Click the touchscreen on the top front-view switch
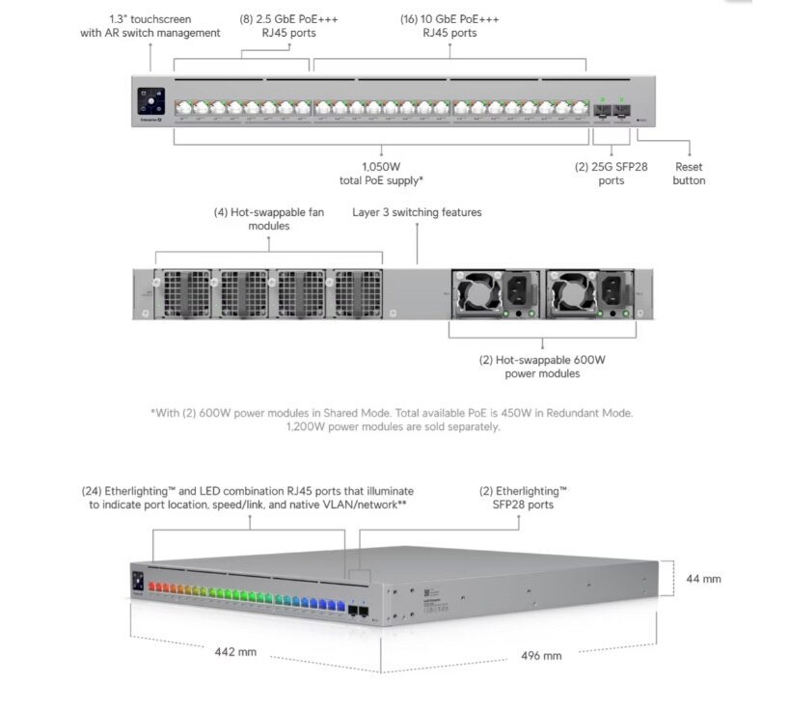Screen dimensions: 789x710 (151, 101)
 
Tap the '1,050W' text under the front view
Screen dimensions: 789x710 (381, 167)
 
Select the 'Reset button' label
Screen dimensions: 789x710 (689, 174)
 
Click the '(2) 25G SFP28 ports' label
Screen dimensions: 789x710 (611, 174)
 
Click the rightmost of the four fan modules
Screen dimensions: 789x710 (357, 294)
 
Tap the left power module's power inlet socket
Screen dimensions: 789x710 (518, 290)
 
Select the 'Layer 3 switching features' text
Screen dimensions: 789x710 (417, 212)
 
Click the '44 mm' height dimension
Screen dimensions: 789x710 (703, 579)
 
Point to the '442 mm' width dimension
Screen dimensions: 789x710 (235, 652)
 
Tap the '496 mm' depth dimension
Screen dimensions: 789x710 (541, 656)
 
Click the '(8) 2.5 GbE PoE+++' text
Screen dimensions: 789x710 (288, 19)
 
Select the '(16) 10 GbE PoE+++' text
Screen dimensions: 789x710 (449, 19)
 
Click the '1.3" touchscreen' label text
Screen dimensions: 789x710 (150, 19)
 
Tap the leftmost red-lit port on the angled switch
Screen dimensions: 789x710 (152, 587)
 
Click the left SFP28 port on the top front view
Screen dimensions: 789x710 (602, 110)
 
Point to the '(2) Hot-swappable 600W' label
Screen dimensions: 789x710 (542, 360)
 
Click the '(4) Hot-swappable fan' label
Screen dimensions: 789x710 (269, 212)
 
